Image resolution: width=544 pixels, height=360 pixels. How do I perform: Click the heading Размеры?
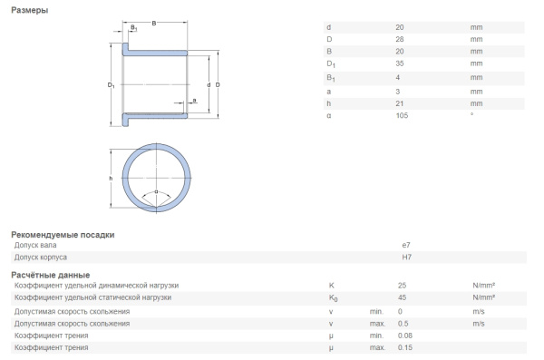(30, 10)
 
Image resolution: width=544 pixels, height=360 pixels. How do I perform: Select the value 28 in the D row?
(401, 39)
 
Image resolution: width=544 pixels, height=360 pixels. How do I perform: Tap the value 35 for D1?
(401, 64)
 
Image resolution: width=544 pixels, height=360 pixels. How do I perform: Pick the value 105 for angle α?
(403, 115)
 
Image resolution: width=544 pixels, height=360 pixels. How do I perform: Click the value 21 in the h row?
(401, 102)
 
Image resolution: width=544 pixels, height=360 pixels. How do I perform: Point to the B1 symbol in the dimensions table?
(330, 78)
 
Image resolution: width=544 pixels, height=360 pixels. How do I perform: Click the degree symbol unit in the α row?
(471, 114)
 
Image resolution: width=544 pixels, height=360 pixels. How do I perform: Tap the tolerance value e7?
(405, 245)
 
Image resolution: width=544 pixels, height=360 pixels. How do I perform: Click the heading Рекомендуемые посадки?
(63, 234)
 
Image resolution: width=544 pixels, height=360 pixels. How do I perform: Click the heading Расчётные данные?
(50, 274)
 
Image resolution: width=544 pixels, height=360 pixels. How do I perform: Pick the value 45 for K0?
(402, 297)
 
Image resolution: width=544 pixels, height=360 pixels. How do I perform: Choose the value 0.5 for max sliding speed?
(403, 323)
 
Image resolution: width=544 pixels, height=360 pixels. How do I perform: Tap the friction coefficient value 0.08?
(404, 336)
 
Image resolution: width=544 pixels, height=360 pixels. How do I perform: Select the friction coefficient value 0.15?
(404, 348)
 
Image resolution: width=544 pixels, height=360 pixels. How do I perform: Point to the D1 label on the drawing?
(111, 85)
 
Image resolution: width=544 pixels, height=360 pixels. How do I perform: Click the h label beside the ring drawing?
(111, 179)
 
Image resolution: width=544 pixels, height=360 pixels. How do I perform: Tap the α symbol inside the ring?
(156, 192)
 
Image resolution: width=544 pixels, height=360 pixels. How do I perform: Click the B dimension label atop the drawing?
(153, 23)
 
